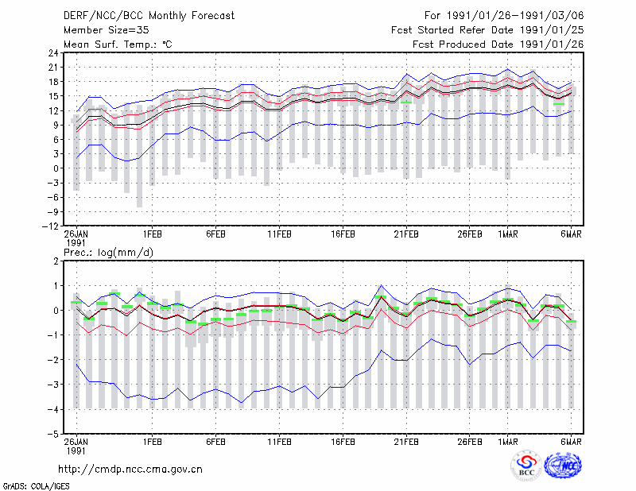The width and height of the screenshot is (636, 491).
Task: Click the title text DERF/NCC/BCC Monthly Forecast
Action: tap(149, 16)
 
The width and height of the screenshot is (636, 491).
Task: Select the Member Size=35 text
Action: tap(107, 30)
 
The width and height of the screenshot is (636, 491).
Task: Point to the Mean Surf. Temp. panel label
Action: tap(118, 44)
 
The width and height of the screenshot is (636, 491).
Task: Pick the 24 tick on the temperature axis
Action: tap(53, 52)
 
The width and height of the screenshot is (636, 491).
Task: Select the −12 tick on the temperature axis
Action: tap(50, 226)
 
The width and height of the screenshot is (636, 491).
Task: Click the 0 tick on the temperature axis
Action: tap(56, 168)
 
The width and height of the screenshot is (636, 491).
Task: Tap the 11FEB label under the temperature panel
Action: tap(280, 234)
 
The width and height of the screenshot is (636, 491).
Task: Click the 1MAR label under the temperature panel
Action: tap(508, 234)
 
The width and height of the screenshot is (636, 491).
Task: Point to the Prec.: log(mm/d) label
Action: tap(109, 253)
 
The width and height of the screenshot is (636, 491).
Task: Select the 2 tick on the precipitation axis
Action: tap(56, 261)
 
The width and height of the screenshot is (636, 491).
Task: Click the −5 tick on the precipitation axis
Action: tap(53, 435)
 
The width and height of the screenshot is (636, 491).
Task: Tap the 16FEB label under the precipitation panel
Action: tap(343, 442)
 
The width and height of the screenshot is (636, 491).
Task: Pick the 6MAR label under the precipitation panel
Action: tap(571, 442)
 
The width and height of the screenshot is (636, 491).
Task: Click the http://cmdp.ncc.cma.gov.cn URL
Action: tap(130, 470)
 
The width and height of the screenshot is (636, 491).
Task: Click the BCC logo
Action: tap(526, 466)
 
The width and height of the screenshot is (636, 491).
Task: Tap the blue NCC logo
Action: tap(563, 466)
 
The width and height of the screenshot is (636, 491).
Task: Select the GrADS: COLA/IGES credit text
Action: tap(37, 486)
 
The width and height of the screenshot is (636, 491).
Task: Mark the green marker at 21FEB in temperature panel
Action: tap(406, 102)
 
